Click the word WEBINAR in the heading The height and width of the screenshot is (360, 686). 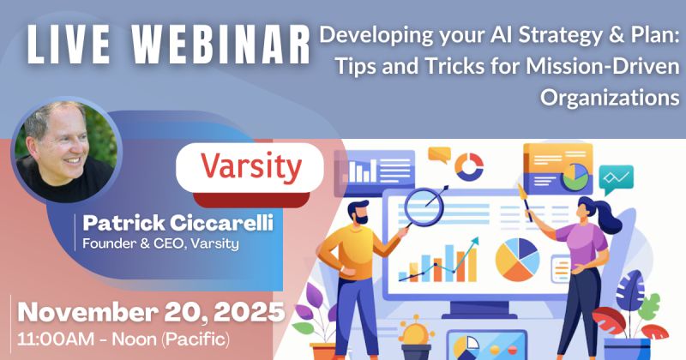tap(221, 45)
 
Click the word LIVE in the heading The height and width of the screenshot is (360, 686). tap(69, 45)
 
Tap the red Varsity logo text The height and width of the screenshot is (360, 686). tap(251, 167)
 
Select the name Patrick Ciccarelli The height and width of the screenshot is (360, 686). tap(178, 223)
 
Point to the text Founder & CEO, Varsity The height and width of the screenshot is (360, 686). tap(161, 243)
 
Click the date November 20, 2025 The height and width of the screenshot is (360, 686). tap(152, 312)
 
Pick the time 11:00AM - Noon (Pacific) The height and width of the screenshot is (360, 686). tap(123, 339)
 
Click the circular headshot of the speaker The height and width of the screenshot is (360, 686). tap(66, 151)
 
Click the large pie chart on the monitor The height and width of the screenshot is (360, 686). tap(518, 260)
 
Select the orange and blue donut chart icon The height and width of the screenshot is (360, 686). tap(469, 166)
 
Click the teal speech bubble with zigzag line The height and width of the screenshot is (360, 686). tap(616, 179)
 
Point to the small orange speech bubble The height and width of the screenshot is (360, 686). tap(439, 155)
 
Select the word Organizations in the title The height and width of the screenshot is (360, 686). tap(610, 98)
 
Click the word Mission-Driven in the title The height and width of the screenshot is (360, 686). tap(603, 66)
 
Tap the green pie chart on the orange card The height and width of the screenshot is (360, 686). tap(575, 177)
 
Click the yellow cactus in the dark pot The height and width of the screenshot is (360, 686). tap(416, 333)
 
